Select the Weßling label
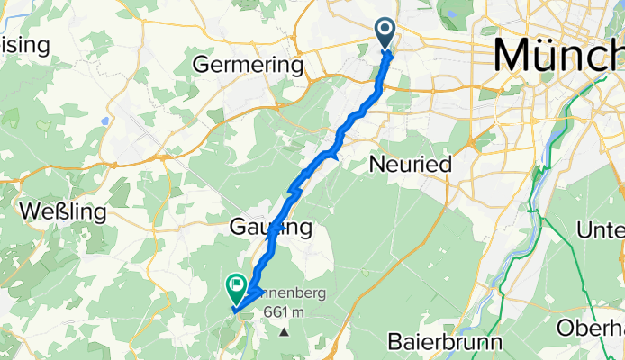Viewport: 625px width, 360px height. [x=62, y=213]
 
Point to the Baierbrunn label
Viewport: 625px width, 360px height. [x=444, y=342]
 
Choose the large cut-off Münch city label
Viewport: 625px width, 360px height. [x=558, y=57]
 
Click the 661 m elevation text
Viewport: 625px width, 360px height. [x=286, y=312]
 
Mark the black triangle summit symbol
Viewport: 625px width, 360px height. [x=285, y=331]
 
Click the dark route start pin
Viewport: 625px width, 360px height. [x=385, y=33]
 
